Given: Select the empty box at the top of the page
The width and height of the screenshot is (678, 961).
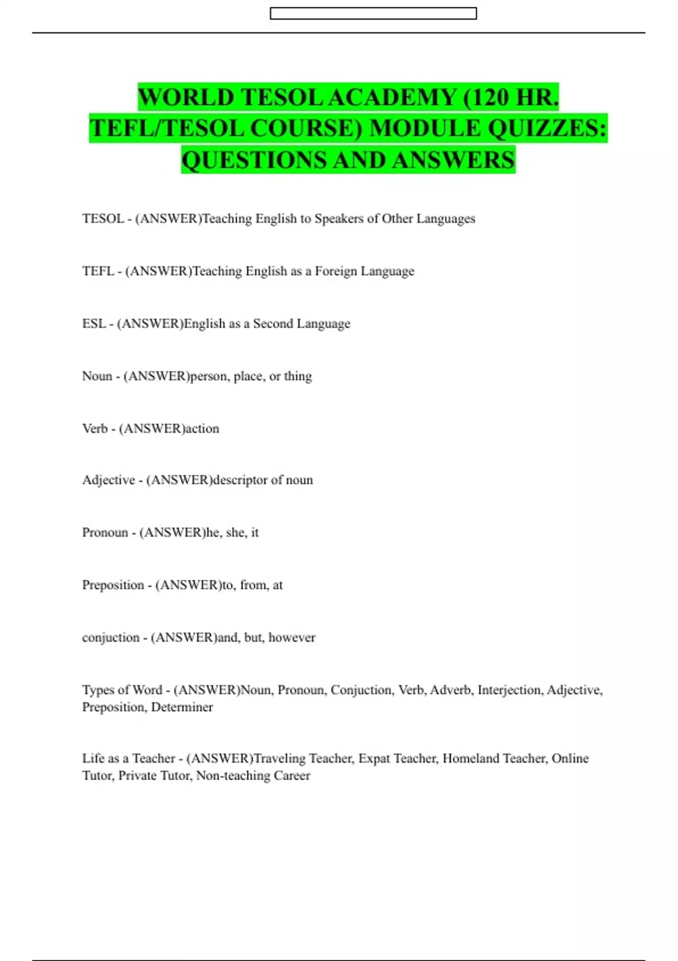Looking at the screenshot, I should (373, 14).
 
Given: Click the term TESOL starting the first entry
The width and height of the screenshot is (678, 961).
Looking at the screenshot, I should (103, 219).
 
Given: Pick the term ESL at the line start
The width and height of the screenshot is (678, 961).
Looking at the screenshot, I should (94, 324).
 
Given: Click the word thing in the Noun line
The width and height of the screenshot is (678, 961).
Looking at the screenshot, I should (298, 376).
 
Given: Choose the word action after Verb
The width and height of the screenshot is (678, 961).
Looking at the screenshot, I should (202, 428).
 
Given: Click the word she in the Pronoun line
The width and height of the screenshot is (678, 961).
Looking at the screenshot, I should (235, 533).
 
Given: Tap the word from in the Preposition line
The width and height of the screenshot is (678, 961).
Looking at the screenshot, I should (253, 585).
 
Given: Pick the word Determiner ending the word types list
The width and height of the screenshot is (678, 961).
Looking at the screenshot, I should (182, 707).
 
